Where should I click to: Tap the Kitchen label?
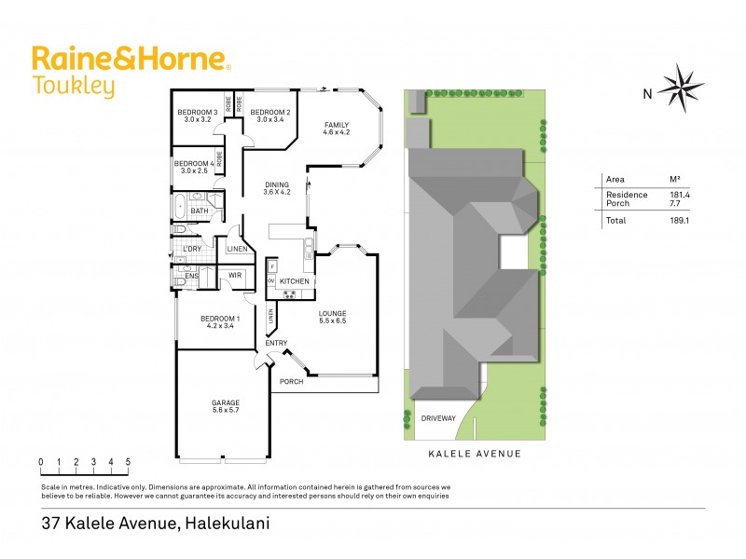point(294,281)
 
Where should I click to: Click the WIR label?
point(234,276)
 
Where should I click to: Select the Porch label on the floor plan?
point(291,381)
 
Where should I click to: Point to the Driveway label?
point(438,418)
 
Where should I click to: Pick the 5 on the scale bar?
point(128,462)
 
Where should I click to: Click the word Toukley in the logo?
point(74,88)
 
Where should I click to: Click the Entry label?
point(276,344)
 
